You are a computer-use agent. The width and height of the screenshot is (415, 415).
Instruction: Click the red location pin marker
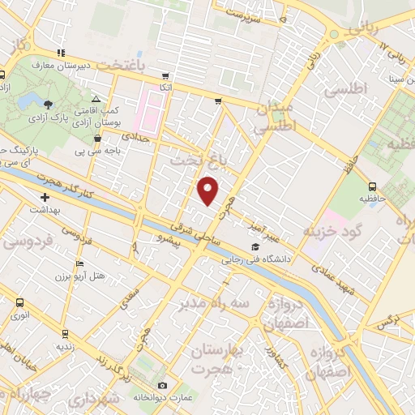point(209,191)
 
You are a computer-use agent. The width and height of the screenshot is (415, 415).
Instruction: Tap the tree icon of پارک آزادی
point(49,104)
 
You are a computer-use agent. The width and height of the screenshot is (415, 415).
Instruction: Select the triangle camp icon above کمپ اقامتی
point(96,97)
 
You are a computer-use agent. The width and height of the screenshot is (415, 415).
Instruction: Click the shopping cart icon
point(217,101)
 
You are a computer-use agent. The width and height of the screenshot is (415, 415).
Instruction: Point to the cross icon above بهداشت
point(45,197)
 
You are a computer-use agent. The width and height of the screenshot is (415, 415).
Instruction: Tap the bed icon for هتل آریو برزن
point(79,264)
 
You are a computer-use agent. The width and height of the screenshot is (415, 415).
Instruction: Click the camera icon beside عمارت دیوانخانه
point(163,385)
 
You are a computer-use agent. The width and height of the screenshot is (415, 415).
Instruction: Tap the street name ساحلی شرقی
point(195,230)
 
